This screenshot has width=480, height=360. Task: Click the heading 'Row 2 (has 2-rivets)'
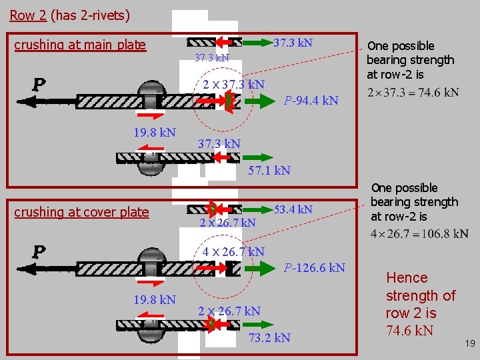(x=70, y=15)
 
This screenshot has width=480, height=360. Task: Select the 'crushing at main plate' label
(x=80, y=45)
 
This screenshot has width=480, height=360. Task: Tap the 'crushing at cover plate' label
(x=81, y=212)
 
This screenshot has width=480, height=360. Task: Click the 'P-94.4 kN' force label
(x=311, y=101)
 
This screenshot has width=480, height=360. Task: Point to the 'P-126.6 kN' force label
(x=314, y=268)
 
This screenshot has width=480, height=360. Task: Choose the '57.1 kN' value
(x=269, y=170)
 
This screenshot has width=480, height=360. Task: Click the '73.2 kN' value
(x=269, y=337)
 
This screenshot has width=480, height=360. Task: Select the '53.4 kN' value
(x=293, y=209)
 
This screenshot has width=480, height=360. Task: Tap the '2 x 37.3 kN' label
(x=233, y=84)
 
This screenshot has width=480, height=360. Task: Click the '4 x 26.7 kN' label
(x=233, y=251)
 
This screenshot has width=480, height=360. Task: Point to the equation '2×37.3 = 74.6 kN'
(x=413, y=92)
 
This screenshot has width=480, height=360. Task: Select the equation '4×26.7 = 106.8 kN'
(x=419, y=234)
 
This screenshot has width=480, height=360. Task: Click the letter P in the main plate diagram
(x=39, y=85)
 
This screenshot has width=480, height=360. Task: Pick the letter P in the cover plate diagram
(x=39, y=252)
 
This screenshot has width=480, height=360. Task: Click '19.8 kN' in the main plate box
(x=155, y=132)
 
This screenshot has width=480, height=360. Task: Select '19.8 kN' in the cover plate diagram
(x=155, y=299)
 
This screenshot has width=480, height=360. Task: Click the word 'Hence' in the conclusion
(x=407, y=277)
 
